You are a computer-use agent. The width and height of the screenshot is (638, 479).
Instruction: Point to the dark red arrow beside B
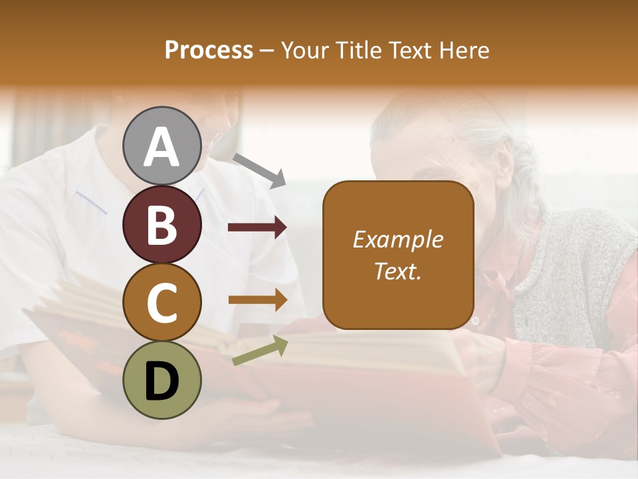pyautogui.click(x=257, y=228)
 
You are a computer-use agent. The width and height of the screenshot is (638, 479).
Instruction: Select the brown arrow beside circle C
pyautogui.click(x=258, y=300)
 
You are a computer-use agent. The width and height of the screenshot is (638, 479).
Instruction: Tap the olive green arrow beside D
pyautogui.click(x=260, y=351)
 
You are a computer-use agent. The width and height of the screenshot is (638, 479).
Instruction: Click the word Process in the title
pyautogui.click(x=209, y=51)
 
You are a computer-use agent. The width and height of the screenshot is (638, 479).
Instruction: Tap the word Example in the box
pyautogui.click(x=398, y=239)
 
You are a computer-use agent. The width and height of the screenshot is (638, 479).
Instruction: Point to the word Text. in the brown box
pyautogui.click(x=398, y=271)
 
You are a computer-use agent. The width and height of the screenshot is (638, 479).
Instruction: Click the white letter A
pyautogui.click(x=161, y=147)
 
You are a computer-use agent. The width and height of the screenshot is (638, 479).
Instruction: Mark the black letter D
pyautogui.click(x=161, y=381)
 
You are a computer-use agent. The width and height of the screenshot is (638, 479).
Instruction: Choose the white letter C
pyautogui.click(x=161, y=303)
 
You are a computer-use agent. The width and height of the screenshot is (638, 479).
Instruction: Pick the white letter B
pyautogui.click(x=161, y=225)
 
